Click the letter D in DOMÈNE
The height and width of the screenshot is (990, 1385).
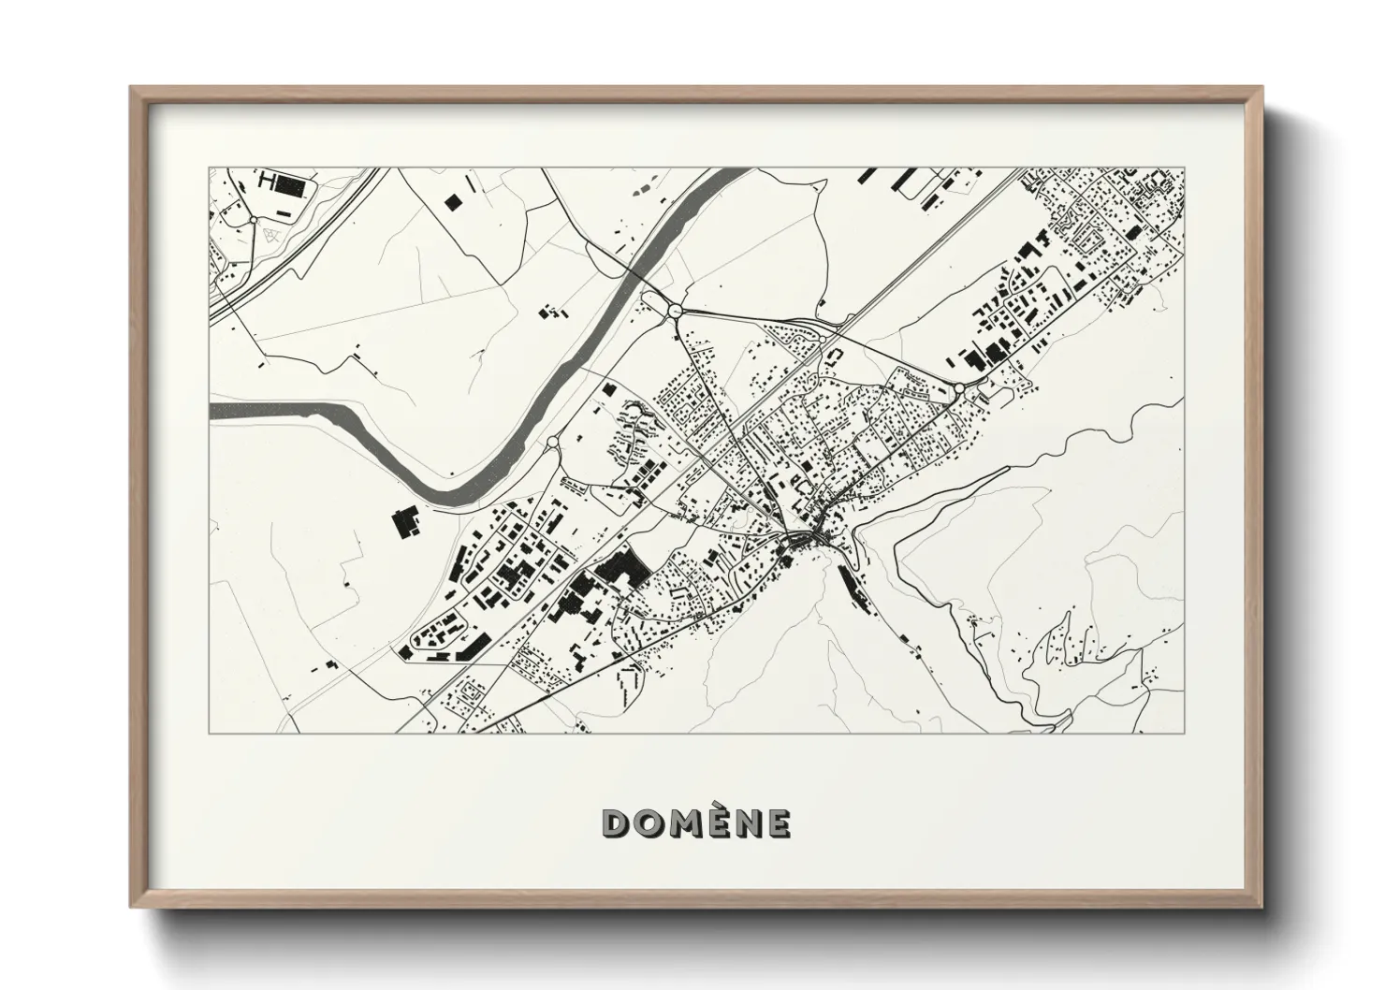(x=617, y=823)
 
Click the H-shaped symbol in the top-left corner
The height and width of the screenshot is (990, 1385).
(x=268, y=181)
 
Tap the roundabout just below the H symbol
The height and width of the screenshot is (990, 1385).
(x=253, y=219)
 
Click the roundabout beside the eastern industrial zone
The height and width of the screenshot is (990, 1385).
(x=959, y=387)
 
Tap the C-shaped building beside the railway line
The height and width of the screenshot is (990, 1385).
(x=837, y=356)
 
